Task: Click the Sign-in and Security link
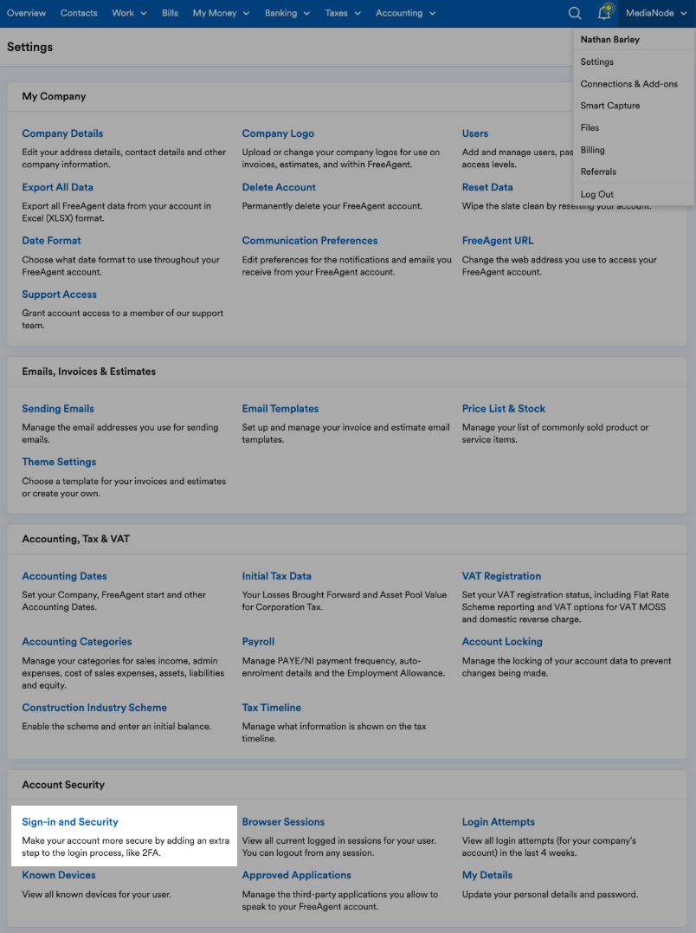(x=70, y=822)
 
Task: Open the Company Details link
(x=62, y=133)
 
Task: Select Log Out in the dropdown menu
(x=597, y=194)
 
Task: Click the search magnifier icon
(x=575, y=13)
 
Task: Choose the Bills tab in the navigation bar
(x=170, y=13)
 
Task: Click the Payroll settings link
(x=258, y=642)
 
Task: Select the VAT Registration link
(x=501, y=576)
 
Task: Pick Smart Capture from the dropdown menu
(x=610, y=106)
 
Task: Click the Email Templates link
(x=280, y=409)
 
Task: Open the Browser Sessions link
(x=283, y=822)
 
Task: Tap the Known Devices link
(x=59, y=875)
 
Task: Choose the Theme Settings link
(x=59, y=463)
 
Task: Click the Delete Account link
(x=279, y=187)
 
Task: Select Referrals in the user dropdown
(x=598, y=172)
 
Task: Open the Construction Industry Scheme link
(x=94, y=708)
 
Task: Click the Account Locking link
(x=502, y=642)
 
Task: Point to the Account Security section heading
(x=63, y=785)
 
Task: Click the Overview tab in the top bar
(x=26, y=13)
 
